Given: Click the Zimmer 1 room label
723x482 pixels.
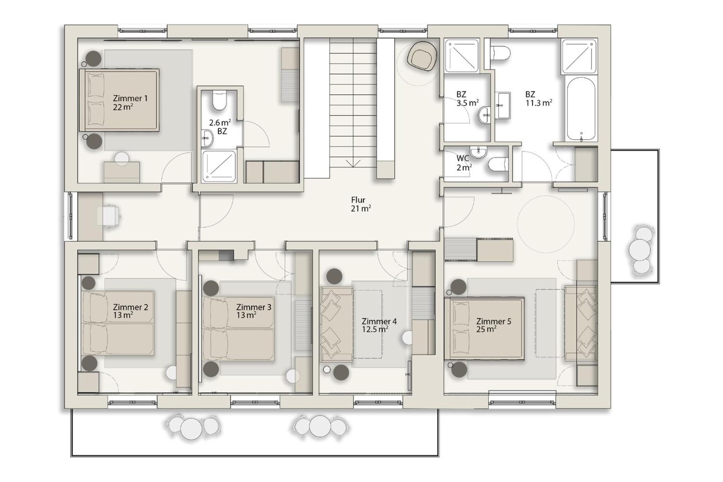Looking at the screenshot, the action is click(x=130, y=102).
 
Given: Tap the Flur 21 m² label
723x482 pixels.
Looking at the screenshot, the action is click(x=361, y=204).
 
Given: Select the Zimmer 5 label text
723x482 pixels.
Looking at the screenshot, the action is click(x=493, y=321).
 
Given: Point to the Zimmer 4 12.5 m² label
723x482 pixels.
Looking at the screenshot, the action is click(x=379, y=325).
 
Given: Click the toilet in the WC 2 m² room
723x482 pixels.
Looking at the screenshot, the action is click(x=498, y=164).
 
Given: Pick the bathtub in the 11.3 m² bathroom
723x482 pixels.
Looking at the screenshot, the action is click(x=581, y=109).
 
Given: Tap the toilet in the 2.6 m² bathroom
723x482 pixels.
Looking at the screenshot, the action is click(x=219, y=100).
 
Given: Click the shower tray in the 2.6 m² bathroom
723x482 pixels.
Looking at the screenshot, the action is click(x=219, y=166).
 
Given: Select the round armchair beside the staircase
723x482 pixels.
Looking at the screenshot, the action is click(x=423, y=56).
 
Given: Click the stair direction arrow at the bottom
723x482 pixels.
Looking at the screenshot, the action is click(x=353, y=164).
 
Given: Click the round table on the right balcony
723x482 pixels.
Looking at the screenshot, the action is click(x=640, y=249).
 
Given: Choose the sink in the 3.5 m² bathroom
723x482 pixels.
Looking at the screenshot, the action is click(x=485, y=115).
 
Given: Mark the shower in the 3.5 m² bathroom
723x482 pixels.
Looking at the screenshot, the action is click(x=462, y=55).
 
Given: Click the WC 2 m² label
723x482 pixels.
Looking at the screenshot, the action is click(x=464, y=163).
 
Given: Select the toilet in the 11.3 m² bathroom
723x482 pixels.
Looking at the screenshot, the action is click(x=501, y=53).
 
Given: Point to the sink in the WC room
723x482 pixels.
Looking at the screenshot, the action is click(x=478, y=151).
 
